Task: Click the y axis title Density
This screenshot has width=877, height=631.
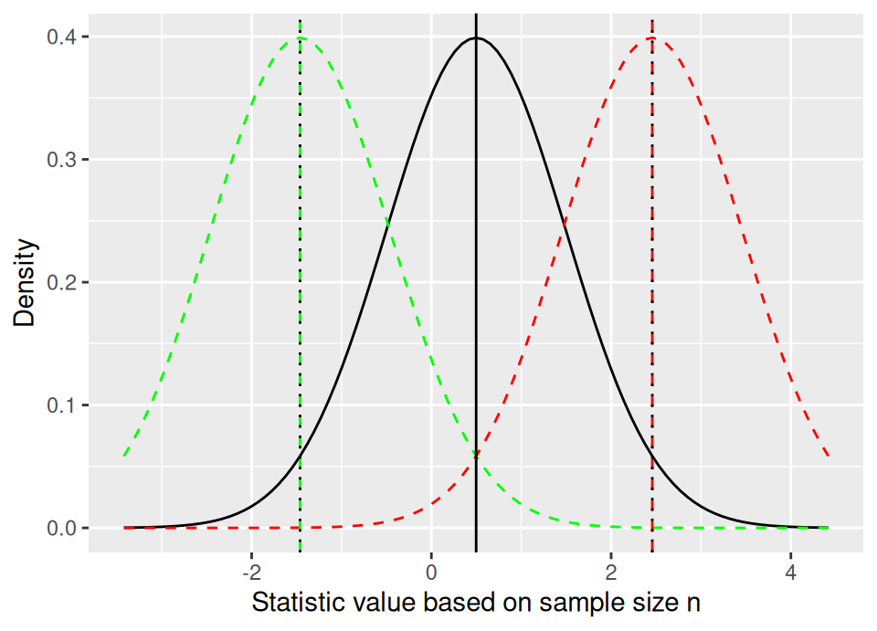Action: [26, 282]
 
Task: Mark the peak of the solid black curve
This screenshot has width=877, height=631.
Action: [476, 37]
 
